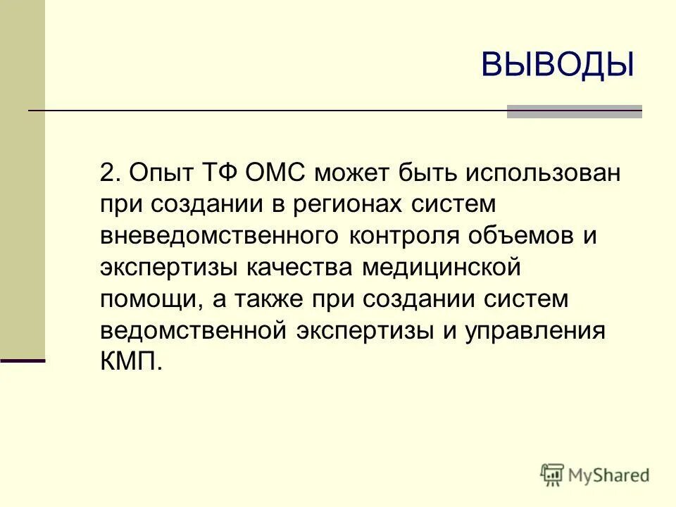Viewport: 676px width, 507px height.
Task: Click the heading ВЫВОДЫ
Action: coord(558,65)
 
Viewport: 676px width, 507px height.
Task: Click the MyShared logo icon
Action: coord(553,475)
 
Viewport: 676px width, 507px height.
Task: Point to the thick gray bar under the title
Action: coord(575,111)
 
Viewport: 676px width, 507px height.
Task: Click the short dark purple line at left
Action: coord(23,361)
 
